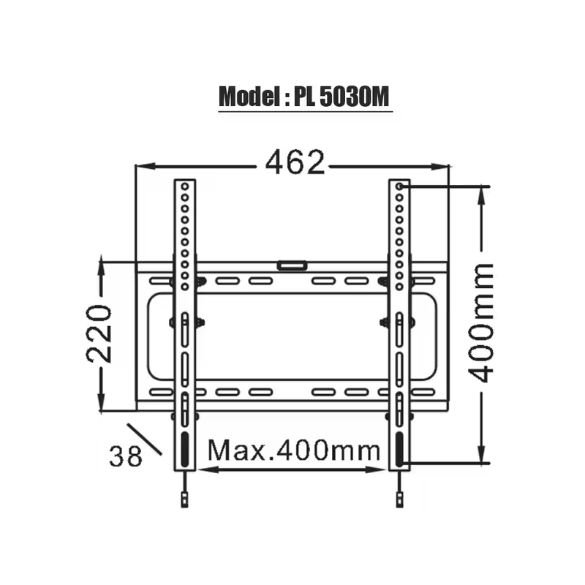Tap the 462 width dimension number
coord(294,164)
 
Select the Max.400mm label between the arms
coord(294,450)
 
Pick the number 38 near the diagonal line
coord(125,456)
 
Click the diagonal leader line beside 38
coord(144,439)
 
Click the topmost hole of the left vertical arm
coord(185,187)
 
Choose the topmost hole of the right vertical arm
coord(399,187)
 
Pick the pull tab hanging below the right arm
coord(399,500)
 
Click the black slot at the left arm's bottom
coord(184,447)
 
